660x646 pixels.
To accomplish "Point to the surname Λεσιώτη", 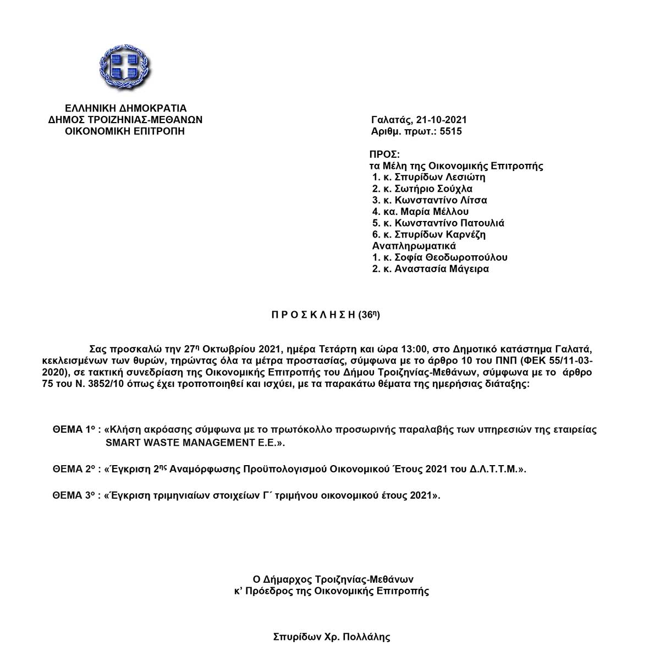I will [x=463, y=177].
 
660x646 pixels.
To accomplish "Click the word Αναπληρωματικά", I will [x=414, y=246].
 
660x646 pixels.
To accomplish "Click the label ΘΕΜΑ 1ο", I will [x=74, y=430].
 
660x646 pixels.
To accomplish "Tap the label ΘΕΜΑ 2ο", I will [x=75, y=469].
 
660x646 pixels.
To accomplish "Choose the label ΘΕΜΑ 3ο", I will [x=75, y=495].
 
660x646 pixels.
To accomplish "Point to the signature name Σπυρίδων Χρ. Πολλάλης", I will [x=331, y=638].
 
